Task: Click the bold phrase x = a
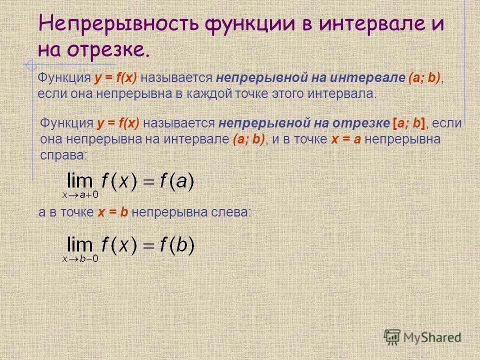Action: click(x=346, y=139)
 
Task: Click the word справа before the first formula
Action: click(x=63, y=155)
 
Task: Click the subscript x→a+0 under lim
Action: click(x=80, y=195)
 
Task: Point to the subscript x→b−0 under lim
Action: click(x=80, y=258)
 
